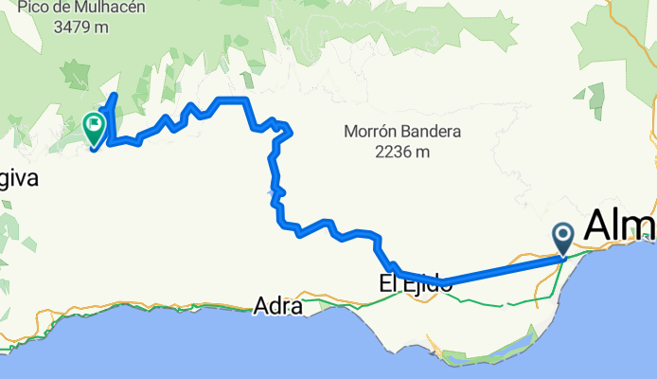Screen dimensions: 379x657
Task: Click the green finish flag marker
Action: [95, 128]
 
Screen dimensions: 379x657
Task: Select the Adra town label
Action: [277, 306]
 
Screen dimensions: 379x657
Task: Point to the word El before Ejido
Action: [391, 282]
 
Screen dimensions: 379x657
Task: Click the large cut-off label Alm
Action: [620, 226]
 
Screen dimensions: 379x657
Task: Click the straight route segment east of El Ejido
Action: [502, 268]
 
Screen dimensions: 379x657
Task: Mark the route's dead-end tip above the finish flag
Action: [115, 97]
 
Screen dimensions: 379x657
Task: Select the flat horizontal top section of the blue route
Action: [232, 99]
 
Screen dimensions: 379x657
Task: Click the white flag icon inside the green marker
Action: [95, 124]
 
